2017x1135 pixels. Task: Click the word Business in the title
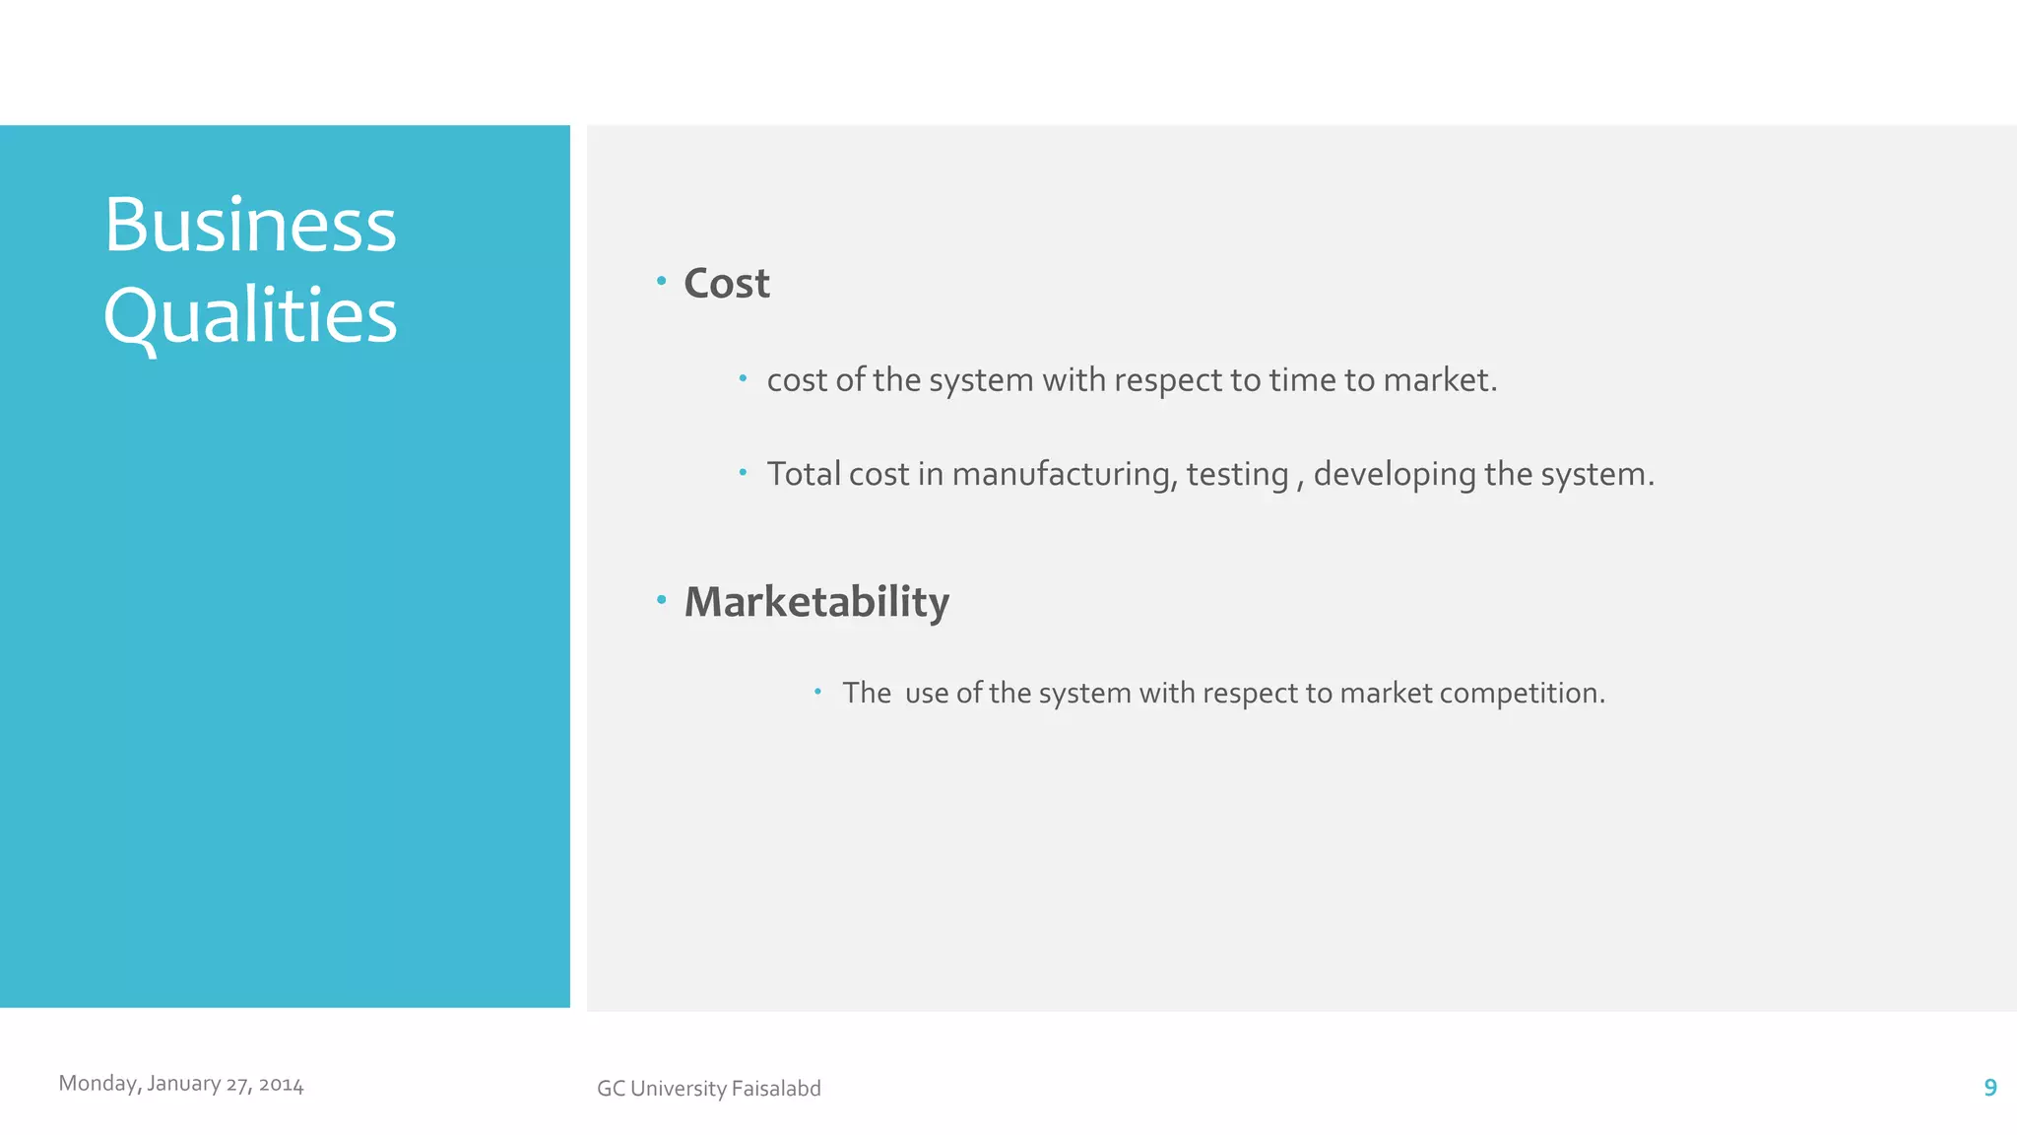pos(250,226)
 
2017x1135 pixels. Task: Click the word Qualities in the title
pos(250,316)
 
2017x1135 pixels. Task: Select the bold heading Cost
pos(727,284)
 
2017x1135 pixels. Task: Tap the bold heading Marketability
pos(816,602)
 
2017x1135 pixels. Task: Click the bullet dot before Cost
pos(662,282)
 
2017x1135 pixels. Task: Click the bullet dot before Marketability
pos(662,599)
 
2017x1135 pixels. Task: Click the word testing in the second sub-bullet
pos(1237,475)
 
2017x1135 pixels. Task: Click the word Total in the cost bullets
pos(804,475)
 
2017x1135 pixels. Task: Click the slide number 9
pos(1989,1088)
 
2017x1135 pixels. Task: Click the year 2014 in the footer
pos(281,1085)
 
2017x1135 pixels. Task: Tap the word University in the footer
pos(678,1089)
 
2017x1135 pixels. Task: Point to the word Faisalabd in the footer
pos(776,1089)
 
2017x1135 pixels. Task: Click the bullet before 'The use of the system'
pos(817,692)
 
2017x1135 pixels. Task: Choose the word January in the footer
pos(183,1084)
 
